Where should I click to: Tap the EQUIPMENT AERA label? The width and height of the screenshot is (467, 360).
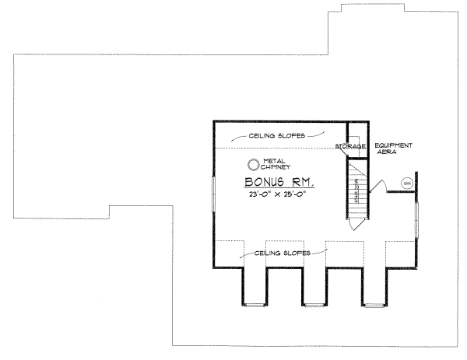(393, 150)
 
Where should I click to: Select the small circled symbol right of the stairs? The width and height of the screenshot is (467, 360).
(406, 183)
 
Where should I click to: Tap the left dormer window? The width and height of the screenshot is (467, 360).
(254, 302)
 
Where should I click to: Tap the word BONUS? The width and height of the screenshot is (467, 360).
(254, 183)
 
